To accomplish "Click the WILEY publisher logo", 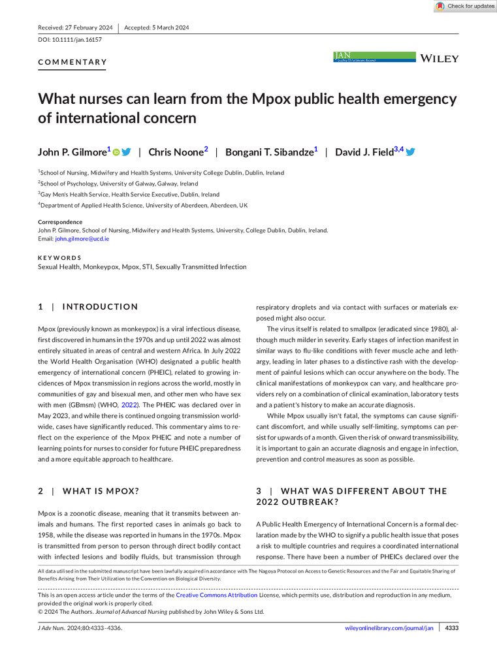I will (441, 59).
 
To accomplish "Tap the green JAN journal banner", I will (374, 57).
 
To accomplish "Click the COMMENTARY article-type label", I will (72, 63).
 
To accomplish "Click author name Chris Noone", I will (176, 152).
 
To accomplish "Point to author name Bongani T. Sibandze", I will (268, 152).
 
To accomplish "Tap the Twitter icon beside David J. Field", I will (411, 152).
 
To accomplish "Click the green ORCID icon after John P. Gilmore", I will (116, 152).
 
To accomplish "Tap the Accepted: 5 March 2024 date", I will (156, 27).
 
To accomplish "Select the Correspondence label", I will (60, 222).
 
